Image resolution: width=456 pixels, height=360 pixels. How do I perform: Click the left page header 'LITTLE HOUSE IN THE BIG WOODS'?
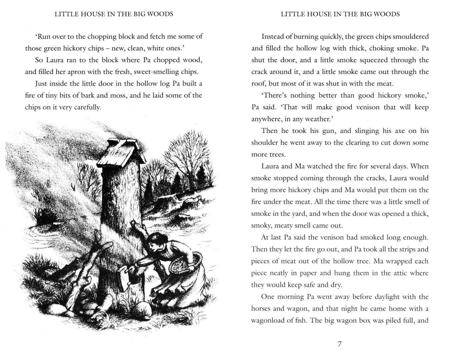pos(114,14)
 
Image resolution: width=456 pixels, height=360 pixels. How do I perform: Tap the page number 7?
pos(339,344)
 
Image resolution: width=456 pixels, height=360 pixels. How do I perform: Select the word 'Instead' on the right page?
pos(272,37)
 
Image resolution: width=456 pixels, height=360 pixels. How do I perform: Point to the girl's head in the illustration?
pos(156,243)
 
